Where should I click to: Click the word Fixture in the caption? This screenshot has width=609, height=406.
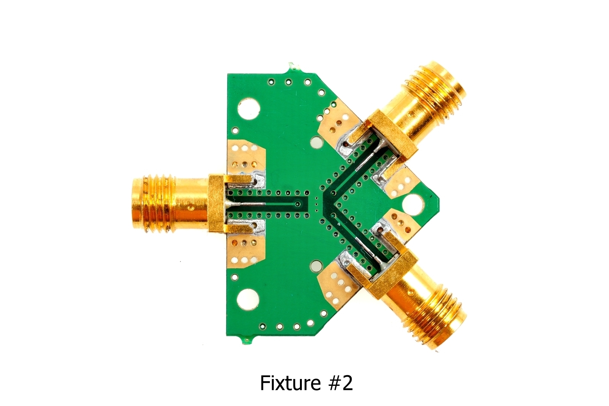point(290,383)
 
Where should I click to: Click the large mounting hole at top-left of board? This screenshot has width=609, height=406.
point(249,109)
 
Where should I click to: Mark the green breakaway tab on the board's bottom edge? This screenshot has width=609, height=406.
point(247,340)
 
